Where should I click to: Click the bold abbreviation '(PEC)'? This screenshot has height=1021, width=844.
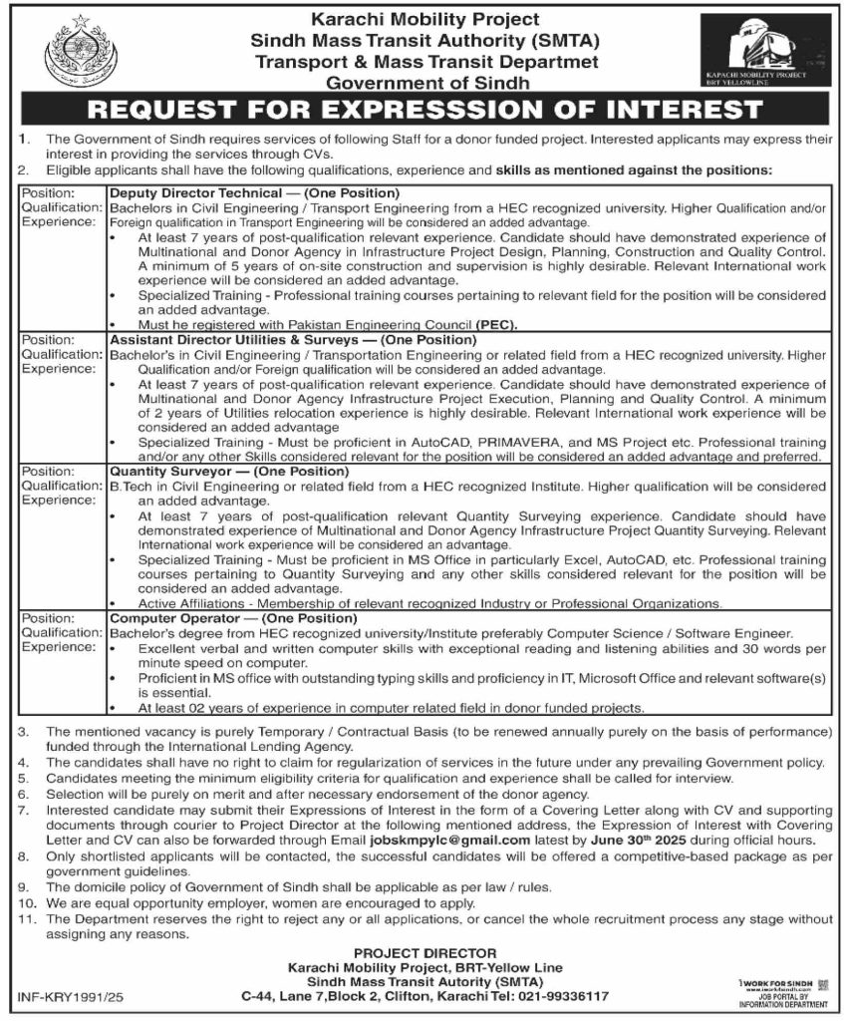pyautogui.click(x=497, y=324)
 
